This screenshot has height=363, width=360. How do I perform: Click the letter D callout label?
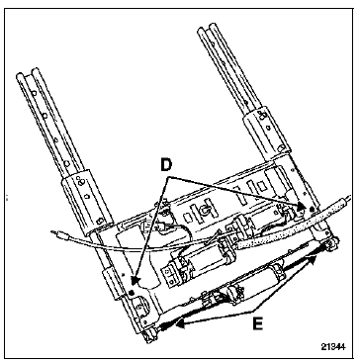[166, 166]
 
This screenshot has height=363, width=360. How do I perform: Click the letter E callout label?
[257, 324]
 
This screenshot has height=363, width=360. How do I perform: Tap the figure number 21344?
[333, 347]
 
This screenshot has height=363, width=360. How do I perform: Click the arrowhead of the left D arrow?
[135, 281]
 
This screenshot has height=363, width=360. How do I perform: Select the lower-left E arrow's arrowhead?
[180, 324]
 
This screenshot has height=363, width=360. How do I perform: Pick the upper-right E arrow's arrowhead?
[312, 260]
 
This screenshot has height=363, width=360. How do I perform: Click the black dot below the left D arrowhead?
[132, 293]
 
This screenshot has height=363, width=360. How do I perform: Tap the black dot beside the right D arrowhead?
[312, 208]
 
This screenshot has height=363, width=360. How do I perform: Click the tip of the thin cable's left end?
[52, 232]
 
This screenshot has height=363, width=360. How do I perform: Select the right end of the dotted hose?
[346, 200]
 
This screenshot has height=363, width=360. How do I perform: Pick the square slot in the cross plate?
[261, 187]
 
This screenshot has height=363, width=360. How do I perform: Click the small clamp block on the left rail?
[113, 283]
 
